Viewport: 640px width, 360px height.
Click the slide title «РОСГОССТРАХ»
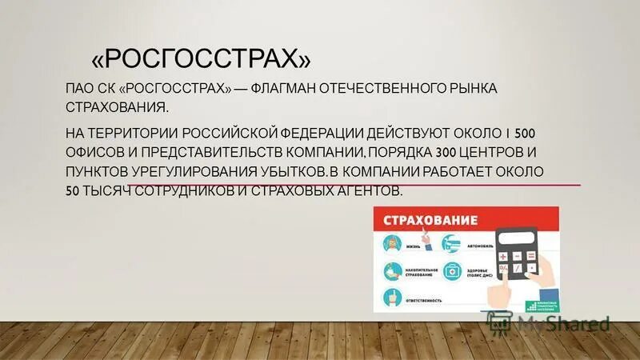tap(202, 58)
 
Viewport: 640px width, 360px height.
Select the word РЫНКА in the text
tap(470, 88)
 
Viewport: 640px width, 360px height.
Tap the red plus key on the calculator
tap(503, 256)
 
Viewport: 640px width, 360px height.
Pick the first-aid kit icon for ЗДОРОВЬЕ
tap(452, 270)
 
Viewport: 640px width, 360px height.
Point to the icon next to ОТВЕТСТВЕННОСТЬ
tap(393, 298)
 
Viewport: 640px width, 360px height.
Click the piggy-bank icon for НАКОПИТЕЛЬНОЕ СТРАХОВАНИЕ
tap(393, 270)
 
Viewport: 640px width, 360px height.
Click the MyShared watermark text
tap(561, 324)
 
